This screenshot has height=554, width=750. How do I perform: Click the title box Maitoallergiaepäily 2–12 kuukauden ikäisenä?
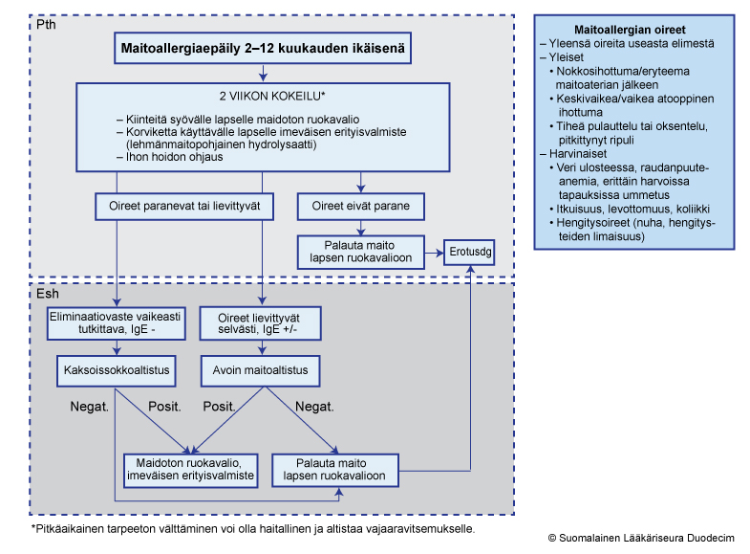coord(263,48)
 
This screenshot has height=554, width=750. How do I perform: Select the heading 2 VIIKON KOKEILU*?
coord(272,97)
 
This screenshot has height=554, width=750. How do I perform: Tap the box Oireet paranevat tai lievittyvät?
coord(184,207)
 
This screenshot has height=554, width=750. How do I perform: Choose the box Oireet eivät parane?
coord(360,207)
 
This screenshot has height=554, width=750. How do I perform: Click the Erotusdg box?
coord(469,253)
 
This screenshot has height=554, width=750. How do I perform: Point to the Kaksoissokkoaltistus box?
coord(117,370)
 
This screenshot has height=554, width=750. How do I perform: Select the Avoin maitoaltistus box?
coord(260,370)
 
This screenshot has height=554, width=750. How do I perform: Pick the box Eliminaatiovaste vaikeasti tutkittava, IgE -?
coord(116,323)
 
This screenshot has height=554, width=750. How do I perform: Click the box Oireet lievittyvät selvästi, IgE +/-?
coord(260,323)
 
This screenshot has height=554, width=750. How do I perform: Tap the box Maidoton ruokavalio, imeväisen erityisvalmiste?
coord(190,470)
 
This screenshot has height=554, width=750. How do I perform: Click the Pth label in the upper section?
coord(46,25)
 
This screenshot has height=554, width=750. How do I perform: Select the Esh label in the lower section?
coord(48,294)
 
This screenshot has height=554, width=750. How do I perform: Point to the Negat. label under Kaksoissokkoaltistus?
coord(90,407)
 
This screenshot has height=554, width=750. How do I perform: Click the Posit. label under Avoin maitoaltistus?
coord(219,407)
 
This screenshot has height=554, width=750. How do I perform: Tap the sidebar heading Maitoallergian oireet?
coord(630,30)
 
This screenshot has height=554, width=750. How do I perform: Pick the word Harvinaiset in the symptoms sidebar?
coord(578,154)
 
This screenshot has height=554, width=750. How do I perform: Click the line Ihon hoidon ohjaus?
coord(174,157)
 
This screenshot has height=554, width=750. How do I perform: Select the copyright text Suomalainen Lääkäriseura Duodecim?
coord(646,538)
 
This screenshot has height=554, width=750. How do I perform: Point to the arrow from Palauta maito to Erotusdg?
coord(434,253)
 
